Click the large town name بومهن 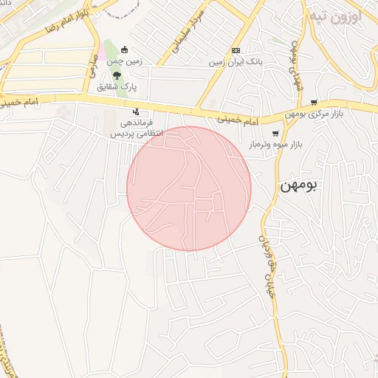pyautogui.click(x=298, y=186)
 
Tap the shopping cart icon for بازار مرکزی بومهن pyautogui.click(x=315, y=103)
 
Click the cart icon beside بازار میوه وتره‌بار pyautogui.click(x=275, y=134)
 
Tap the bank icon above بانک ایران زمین pyautogui.click(x=236, y=50)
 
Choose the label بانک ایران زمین pyautogui.click(x=236, y=62)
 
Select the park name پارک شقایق pyautogui.click(x=117, y=86)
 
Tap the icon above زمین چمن pyautogui.click(x=124, y=50)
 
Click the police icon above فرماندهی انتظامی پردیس pyautogui.click(x=135, y=111)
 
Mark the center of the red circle pyautogui.click(x=189, y=189)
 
